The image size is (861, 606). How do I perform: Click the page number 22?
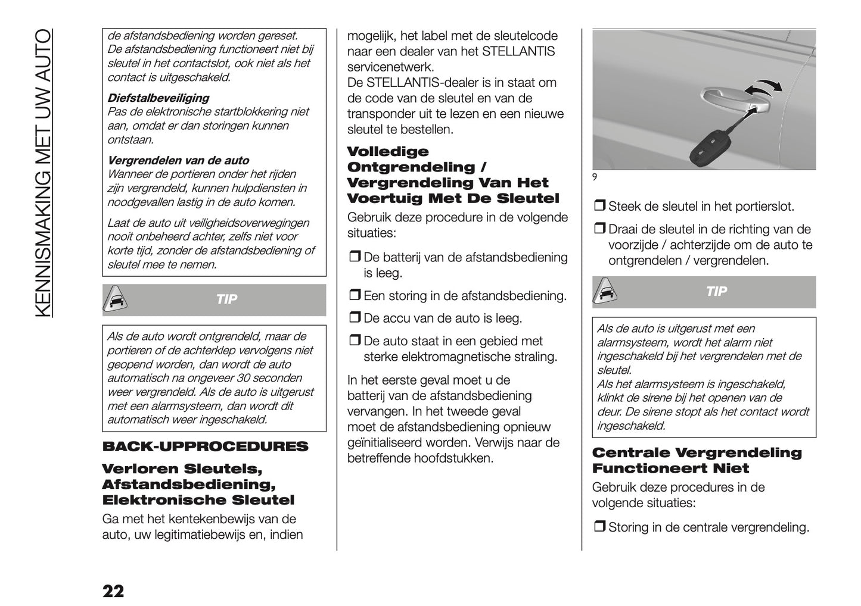tap(113, 591)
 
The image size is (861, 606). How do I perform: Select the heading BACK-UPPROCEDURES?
tap(206, 446)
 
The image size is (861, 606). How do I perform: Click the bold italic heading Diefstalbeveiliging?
tap(158, 98)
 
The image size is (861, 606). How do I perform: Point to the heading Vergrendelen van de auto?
tap(178, 160)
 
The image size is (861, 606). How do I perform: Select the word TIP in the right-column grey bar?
tap(716, 292)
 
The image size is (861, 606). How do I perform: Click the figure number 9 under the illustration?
tap(595, 176)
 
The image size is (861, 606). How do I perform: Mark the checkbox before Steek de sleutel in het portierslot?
tap(599, 207)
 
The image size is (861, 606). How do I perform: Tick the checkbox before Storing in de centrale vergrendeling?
tap(599, 527)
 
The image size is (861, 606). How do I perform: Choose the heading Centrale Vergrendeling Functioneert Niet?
tap(697, 460)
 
